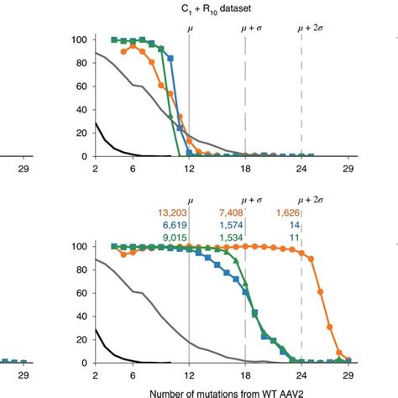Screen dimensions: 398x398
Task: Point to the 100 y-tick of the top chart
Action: click(80, 40)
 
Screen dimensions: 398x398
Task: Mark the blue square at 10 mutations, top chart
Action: click(170, 59)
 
